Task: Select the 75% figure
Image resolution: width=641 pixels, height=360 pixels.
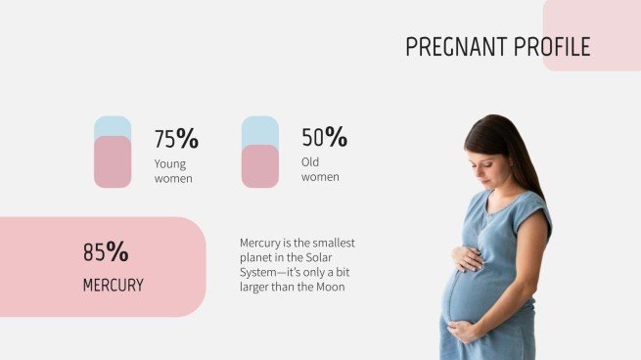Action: pos(176,139)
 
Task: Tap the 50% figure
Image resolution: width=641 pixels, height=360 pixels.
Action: pos(324,138)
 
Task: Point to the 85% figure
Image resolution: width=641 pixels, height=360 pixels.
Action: pos(106,252)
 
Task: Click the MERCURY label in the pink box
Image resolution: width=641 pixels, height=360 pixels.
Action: pos(113,286)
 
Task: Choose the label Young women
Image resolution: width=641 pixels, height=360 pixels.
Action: pos(173,171)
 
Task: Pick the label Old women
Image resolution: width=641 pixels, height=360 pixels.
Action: pos(320,169)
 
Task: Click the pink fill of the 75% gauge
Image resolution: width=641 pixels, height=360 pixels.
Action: pos(113,162)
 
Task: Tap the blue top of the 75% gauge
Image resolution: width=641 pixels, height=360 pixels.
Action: pos(113,125)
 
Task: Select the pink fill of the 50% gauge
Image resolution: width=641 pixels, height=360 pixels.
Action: pos(260,166)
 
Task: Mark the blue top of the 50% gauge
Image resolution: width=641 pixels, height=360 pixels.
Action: pos(260,129)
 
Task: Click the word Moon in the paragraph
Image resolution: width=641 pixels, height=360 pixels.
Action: pos(331,288)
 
